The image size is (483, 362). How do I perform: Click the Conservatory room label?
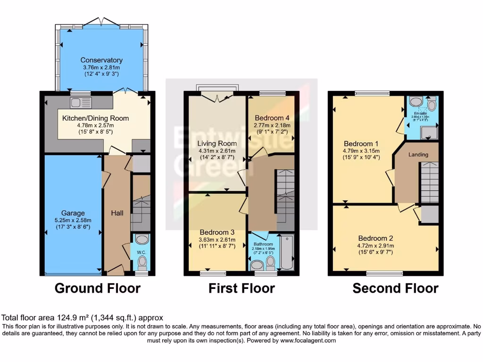101,60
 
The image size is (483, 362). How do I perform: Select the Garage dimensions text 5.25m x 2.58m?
73,220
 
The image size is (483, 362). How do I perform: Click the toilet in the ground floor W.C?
142,264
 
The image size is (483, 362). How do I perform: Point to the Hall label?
117,214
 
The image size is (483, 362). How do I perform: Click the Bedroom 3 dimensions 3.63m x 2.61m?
217,239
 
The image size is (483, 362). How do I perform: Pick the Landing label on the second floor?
418,154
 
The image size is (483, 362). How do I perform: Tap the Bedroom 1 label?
361,143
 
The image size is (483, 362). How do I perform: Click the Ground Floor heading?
98,288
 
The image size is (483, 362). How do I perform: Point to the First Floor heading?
241,288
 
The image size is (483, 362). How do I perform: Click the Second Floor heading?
395,288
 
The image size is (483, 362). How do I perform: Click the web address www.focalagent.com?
307,340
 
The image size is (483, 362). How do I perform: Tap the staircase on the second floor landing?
429,181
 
